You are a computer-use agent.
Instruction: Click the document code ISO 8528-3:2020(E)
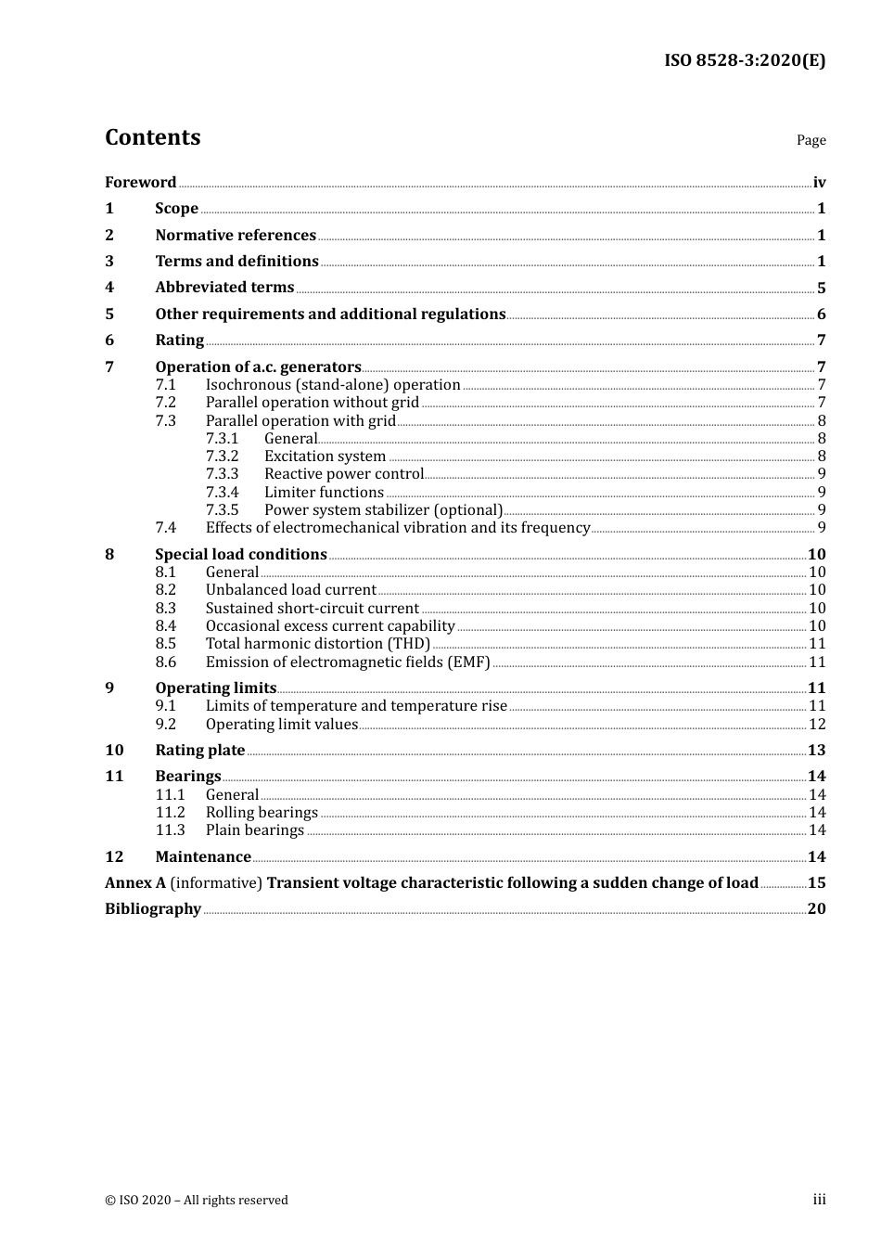744,60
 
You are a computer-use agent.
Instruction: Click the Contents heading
152,137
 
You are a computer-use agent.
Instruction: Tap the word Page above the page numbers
811,140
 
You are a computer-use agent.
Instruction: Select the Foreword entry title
140,182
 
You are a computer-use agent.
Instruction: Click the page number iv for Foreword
819,183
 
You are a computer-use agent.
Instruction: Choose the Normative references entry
236,236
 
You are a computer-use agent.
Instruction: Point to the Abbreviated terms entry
224,288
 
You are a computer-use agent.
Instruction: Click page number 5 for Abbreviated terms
821,289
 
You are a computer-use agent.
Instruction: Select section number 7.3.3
222,474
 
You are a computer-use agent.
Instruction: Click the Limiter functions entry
324,493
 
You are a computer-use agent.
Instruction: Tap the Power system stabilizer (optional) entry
383,510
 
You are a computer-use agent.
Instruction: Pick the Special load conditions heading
241,555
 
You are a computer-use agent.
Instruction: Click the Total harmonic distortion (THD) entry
318,644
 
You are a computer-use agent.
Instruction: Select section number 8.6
165,662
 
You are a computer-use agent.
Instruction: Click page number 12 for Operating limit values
817,725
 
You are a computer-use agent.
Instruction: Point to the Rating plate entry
200,751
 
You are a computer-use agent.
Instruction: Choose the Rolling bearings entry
262,813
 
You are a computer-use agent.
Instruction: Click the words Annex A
135,883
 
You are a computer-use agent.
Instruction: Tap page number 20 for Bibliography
816,909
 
